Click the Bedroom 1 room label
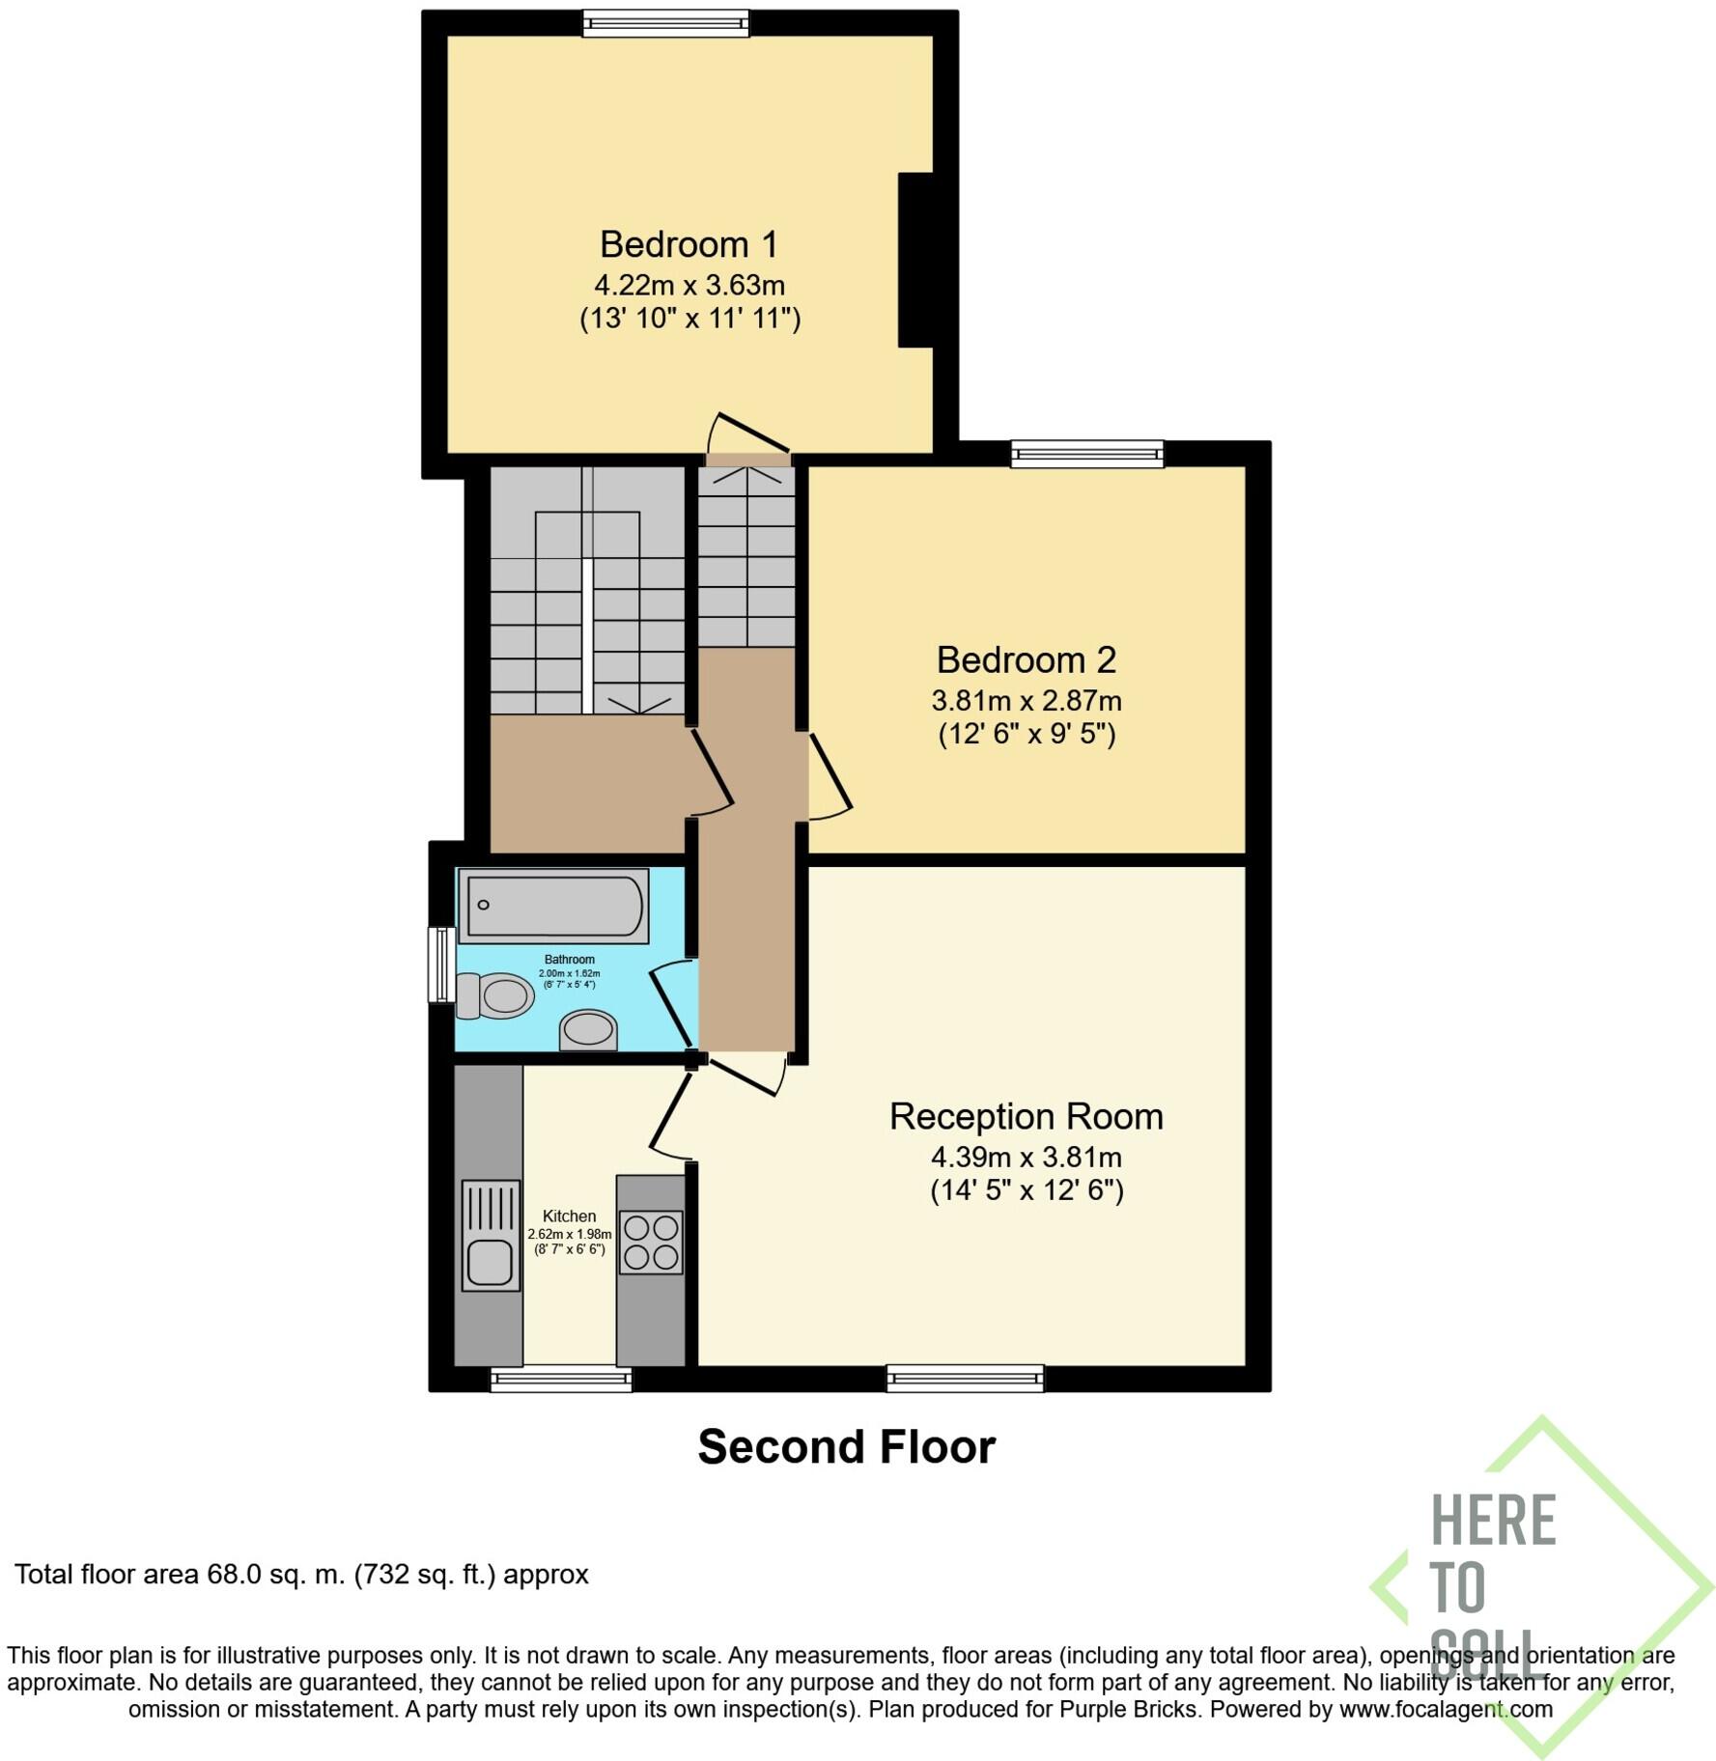pos(688,244)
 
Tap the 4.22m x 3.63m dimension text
pos(689,286)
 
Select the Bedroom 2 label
pos(1026,660)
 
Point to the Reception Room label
pos(1026,1117)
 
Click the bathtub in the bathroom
pos(553,906)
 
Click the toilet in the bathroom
pos(496,995)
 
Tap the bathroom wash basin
pos(588,1030)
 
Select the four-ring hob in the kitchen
pos(651,1243)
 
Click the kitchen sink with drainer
pos(491,1236)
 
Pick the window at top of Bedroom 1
pos(665,23)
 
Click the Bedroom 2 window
pos(1086,454)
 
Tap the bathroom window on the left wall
pos(441,964)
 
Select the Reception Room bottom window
pos(965,1378)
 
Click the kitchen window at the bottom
pos(561,1379)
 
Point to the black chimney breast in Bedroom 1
pos(915,260)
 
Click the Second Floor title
pos(846,1447)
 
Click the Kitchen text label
pos(569,1216)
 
